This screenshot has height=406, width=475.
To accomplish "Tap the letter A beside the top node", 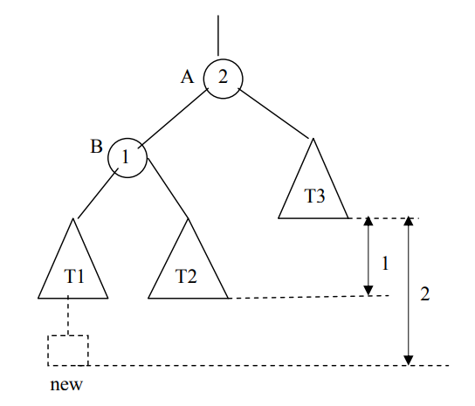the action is (x=187, y=77).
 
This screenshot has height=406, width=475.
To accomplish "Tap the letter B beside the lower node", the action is (x=96, y=147).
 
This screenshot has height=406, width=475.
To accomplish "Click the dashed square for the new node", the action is (x=48, y=350).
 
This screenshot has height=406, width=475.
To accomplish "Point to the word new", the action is (x=66, y=385).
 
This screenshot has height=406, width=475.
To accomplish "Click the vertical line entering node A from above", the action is (x=218, y=36).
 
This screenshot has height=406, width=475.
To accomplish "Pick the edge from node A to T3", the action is (x=273, y=113).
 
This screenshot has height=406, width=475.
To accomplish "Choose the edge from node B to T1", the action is (x=98, y=194).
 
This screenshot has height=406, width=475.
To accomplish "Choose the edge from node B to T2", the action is (x=168, y=188).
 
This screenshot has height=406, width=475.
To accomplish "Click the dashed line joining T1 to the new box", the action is (x=68, y=315).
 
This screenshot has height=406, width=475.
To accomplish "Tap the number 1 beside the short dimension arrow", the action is (x=385, y=263).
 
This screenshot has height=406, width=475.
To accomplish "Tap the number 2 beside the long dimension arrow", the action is (x=424, y=294).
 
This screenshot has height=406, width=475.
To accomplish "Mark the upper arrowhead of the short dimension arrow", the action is (x=368, y=221).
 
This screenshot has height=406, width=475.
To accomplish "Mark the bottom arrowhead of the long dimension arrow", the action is (x=409, y=361).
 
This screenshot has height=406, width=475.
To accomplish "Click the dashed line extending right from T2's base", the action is (x=309, y=297).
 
